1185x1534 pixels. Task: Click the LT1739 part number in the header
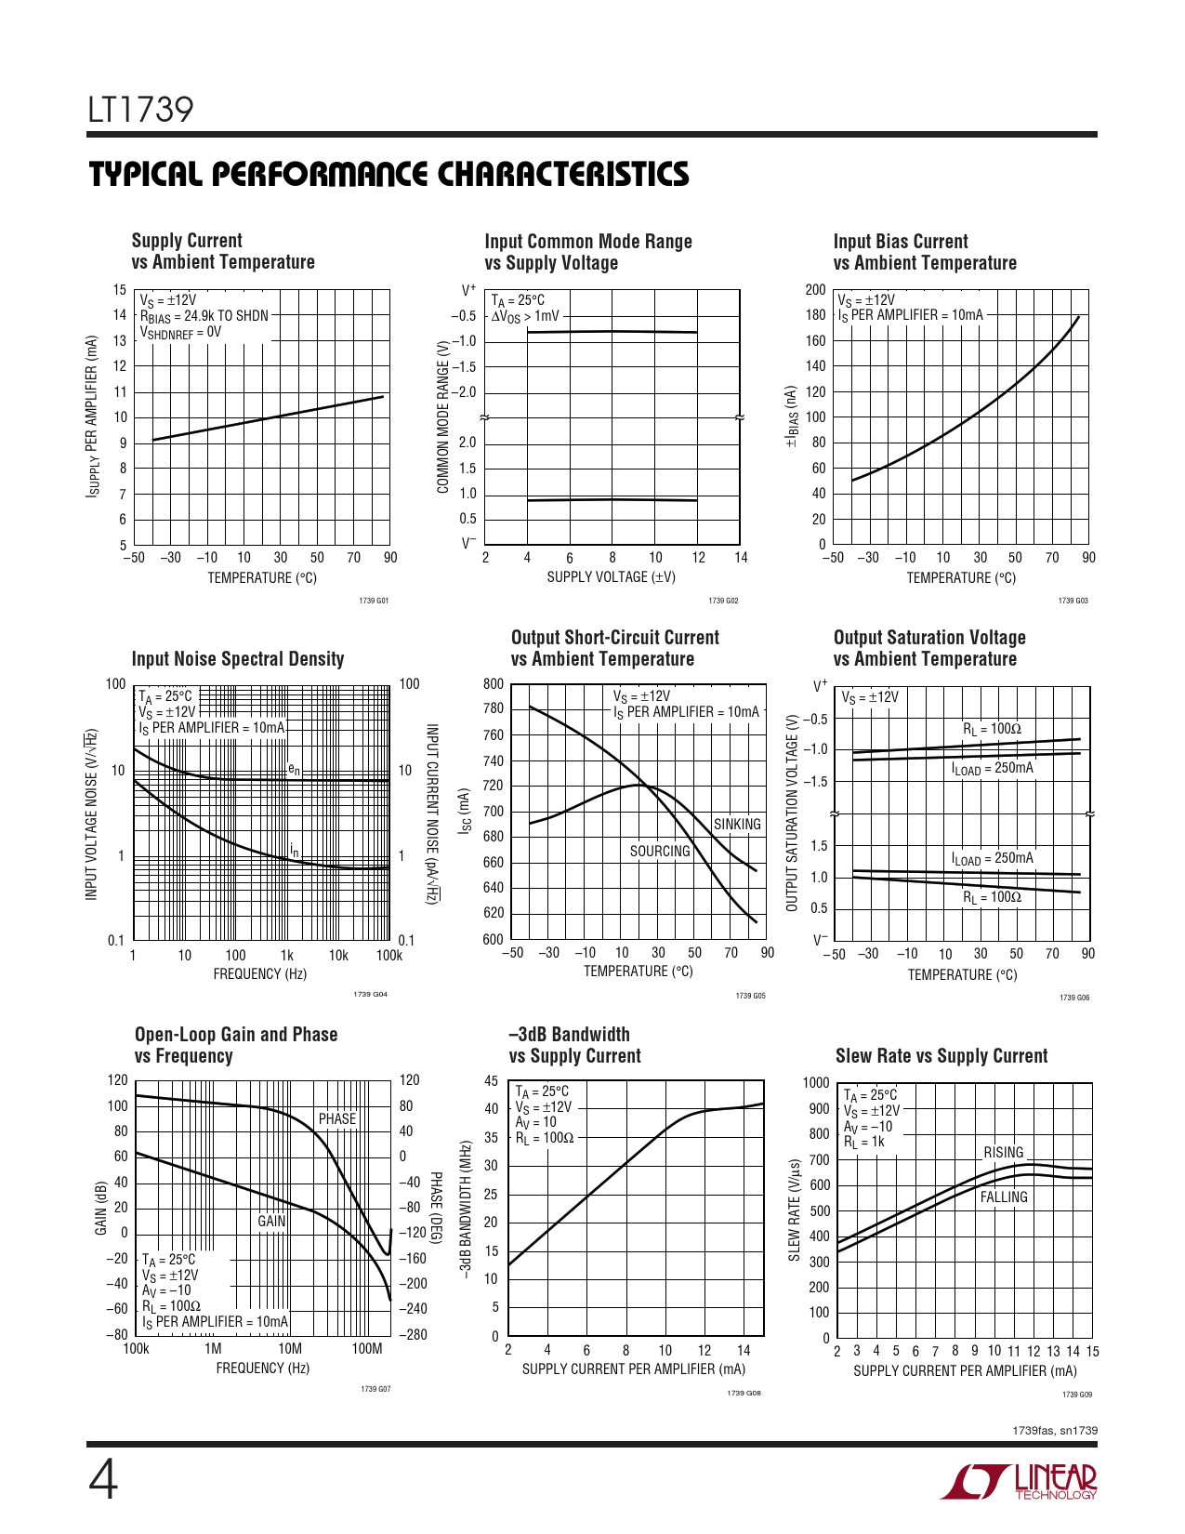[141, 111]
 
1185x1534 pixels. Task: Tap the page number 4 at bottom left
[103, 1480]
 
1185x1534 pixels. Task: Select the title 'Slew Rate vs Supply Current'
[941, 1056]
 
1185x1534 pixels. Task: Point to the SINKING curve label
[737, 825]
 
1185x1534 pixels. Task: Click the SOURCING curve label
[660, 851]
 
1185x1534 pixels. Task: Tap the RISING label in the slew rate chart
[1004, 1153]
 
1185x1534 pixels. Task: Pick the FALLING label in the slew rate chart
[1004, 1197]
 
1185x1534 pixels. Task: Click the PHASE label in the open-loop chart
[337, 1118]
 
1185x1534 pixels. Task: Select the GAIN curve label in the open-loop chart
[271, 1221]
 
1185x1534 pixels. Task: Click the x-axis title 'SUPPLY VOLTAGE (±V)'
[611, 577]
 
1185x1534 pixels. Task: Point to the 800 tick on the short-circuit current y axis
[494, 684]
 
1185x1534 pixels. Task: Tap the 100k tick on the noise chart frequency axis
[388, 956]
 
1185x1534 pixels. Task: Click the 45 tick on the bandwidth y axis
[492, 1081]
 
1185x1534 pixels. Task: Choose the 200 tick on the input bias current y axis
[815, 290]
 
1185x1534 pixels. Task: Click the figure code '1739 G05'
[750, 997]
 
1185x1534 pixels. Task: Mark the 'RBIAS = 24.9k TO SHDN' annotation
[204, 316]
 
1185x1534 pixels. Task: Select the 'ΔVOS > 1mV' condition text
[525, 316]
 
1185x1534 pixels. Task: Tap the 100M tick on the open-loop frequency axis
[367, 1349]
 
